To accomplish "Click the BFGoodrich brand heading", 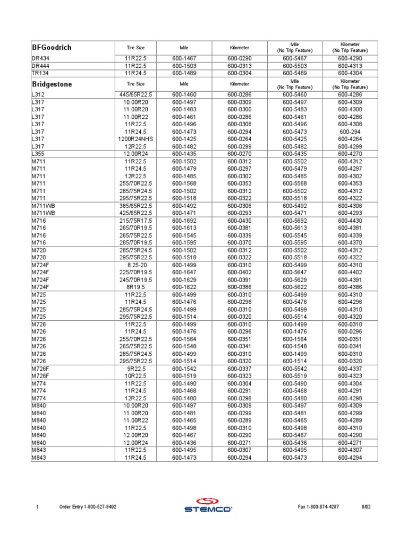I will click(52, 48).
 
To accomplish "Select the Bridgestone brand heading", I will click(52, 84).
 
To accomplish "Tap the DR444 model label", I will click(40, 66).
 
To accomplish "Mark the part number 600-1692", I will click(184, 220).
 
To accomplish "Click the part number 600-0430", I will click(239, 220).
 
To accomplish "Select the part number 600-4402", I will click(350, 272).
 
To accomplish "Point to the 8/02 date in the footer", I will click(365, 507).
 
